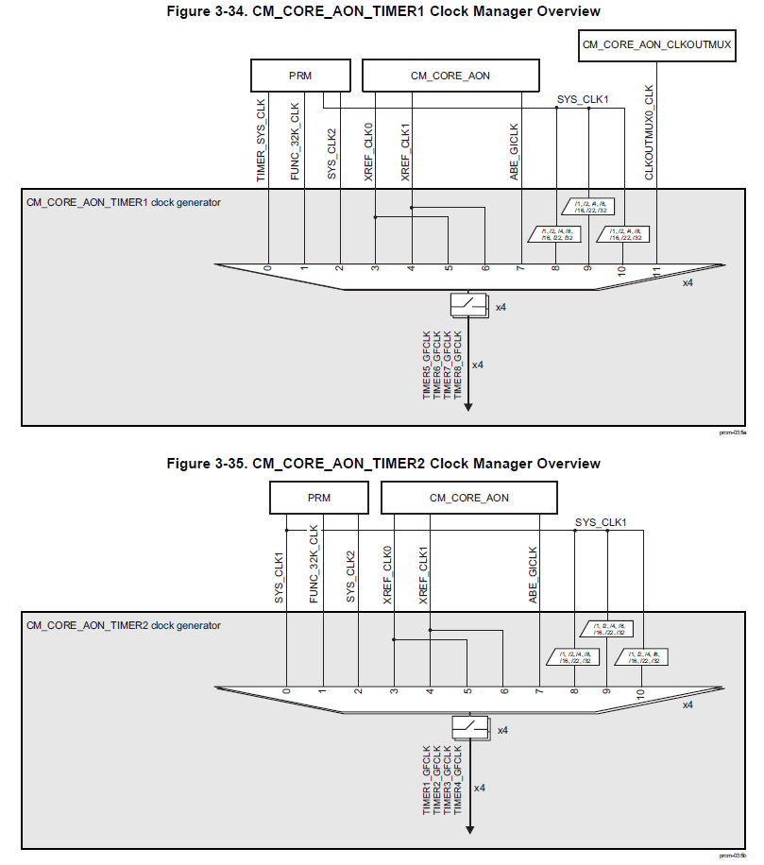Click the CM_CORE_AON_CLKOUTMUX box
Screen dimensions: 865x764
(x=656, y=44)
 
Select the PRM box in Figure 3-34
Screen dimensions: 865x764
(x=300, y=76)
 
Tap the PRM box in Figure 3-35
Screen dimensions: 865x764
(x=319, y=498)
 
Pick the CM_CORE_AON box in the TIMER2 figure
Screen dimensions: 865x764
(x=468, y=498)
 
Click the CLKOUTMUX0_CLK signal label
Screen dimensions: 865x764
(x=650, y=132)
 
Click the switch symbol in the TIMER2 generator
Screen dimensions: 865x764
(x=469, y=726)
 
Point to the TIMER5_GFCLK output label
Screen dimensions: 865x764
(x=426, y=365)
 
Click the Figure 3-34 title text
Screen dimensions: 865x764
(x=382, y=11)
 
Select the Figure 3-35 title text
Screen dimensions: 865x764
(x=382, y=464)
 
